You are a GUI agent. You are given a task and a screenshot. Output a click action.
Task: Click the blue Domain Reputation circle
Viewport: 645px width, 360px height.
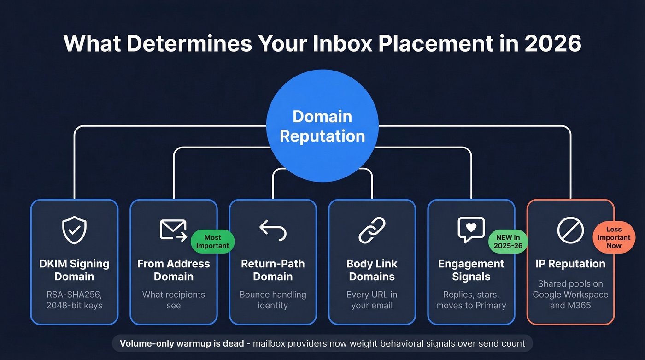(322, 126)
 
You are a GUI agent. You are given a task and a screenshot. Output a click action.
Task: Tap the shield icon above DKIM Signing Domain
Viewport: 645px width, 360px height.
(74, 230)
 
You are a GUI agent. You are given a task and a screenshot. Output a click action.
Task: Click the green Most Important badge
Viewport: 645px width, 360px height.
(212, 242)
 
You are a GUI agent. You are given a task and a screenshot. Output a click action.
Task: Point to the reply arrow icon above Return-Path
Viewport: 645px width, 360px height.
(273, 230)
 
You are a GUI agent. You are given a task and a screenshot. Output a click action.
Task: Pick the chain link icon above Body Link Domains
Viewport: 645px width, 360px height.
(372, 230)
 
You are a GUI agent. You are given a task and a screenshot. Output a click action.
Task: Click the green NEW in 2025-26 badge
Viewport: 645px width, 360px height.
(508, 242)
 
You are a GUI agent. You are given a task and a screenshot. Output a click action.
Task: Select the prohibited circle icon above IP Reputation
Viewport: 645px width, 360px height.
(570, 230)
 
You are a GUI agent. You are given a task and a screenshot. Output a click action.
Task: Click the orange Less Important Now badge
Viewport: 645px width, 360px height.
(614, 237)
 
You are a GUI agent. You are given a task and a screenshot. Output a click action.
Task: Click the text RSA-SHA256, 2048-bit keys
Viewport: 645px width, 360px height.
(74, 300)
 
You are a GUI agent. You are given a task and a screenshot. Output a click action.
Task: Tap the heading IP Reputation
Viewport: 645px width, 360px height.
(570, 264)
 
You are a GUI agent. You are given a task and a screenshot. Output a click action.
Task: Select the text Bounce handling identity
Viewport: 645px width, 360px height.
(273, 300)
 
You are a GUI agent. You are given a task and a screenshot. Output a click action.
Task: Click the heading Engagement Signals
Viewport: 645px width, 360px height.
(471, 270)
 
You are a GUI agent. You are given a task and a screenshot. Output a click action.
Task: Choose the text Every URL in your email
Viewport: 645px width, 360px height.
(372, 300)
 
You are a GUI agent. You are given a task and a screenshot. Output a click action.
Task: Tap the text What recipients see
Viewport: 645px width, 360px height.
(173, 300)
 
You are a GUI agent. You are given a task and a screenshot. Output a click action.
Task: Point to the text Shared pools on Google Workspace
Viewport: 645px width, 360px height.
(570, 289)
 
